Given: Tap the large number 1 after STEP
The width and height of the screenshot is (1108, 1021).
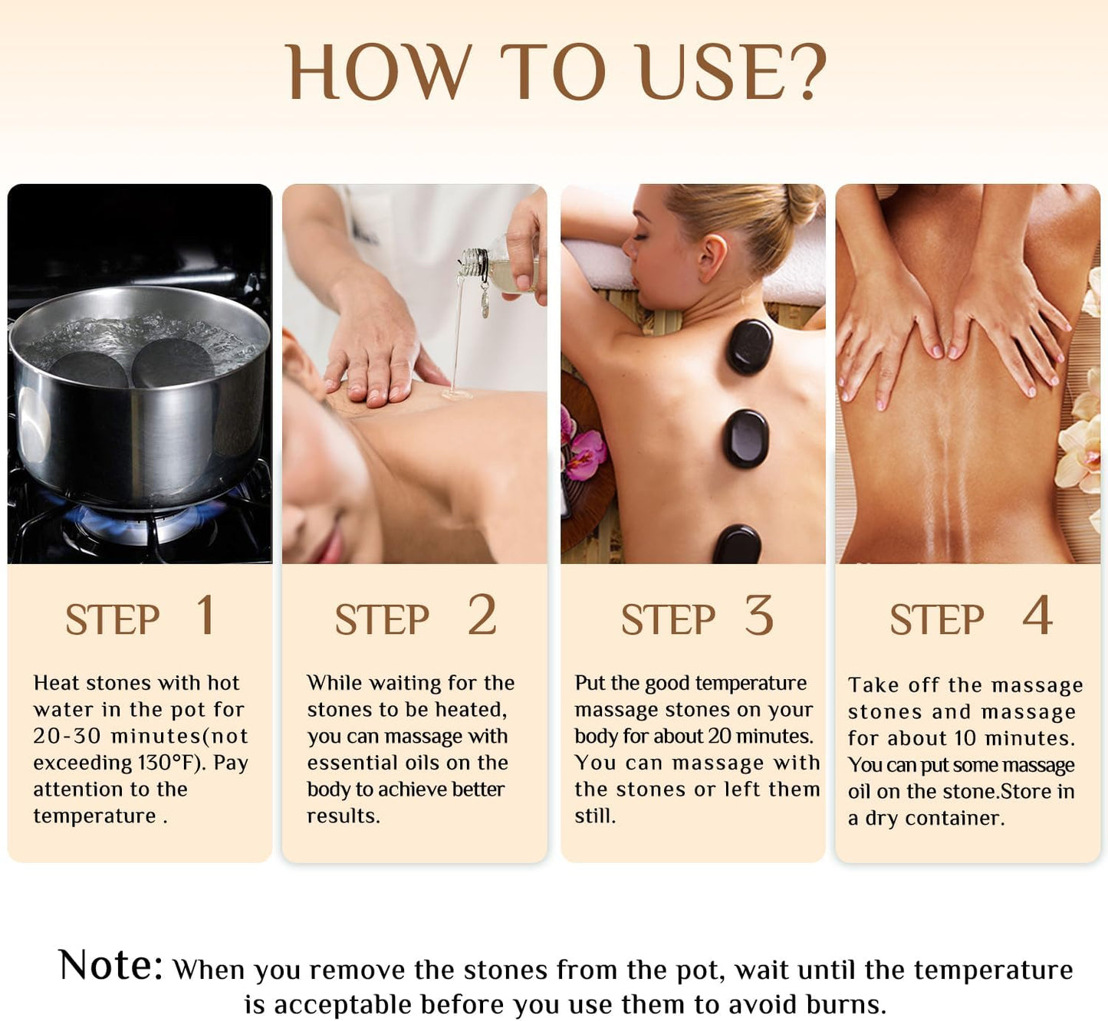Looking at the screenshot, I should (x=205, y=616).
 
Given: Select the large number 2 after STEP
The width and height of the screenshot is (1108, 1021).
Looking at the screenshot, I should (x=482, y=616).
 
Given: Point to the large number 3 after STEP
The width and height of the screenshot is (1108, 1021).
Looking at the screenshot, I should (x=759, y=616).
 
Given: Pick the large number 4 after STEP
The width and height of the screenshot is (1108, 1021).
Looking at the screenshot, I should (x=1037, y=616).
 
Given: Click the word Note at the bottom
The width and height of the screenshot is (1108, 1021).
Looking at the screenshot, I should (x=110, y=965).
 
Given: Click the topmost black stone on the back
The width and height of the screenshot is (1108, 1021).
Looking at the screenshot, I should (x=749, y=346).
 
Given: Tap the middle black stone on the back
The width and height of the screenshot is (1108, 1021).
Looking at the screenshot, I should (x=746, y=438).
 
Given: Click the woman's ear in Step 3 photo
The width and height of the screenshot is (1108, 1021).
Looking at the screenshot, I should (x=712, y=258).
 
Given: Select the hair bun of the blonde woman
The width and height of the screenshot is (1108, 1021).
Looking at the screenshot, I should (x=801, y=202).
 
